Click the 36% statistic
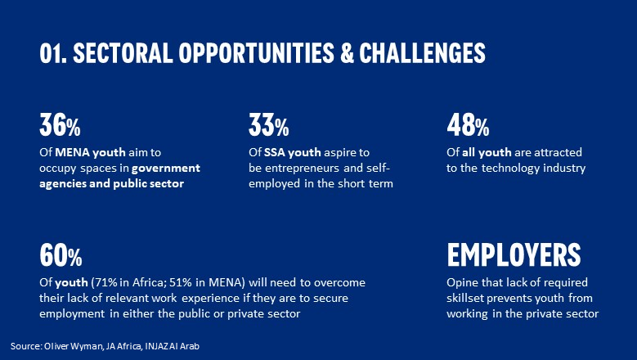60,124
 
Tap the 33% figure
268,124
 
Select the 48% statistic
468,124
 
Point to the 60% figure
61,254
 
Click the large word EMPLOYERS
514,254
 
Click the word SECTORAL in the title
123,53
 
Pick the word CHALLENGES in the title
422,53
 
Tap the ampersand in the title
347,53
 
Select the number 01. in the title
53,53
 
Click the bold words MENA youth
90,152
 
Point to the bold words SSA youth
293,152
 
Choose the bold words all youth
487,152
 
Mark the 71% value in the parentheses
105,282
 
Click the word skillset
465,298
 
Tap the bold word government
166,169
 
